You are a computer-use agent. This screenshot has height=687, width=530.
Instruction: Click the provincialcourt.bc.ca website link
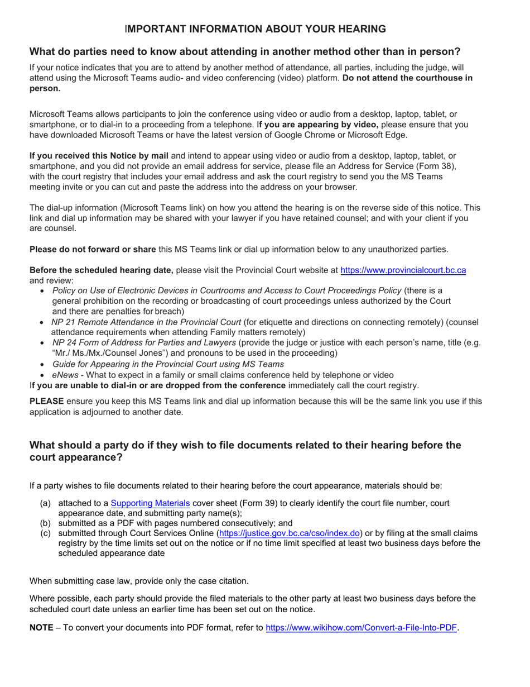[x=403, y=270]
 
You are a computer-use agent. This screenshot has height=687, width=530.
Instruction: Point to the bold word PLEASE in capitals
[x=46, y=401]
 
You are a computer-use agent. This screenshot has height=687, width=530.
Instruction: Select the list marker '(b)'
[x=46, y=523]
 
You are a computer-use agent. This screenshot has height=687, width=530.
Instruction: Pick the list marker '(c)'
[x=46, y=533]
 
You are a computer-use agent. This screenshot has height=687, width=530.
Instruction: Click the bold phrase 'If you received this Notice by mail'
[x=98, y=156]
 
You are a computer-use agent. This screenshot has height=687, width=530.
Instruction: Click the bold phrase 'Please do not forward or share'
[x=93, y=249]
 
